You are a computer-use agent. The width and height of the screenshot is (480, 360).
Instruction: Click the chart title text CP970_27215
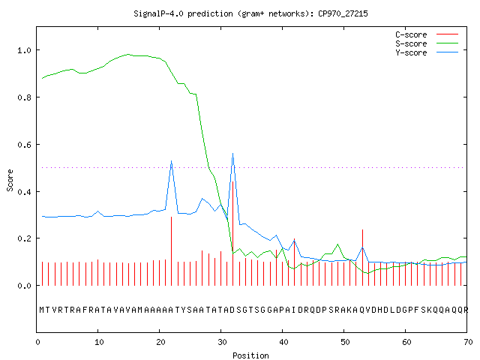[343, 13]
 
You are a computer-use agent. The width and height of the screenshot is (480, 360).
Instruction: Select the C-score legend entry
[427, 34]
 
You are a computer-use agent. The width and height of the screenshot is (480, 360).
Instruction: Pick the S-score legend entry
[427, 43]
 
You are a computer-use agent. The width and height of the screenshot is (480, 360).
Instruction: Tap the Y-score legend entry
[427, 52]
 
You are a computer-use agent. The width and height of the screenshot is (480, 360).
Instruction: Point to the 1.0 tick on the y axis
[25, 50]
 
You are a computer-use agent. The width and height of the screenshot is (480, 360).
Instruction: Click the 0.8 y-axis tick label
[25, 97]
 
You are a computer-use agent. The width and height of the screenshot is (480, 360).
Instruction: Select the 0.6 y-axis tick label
[25, 145]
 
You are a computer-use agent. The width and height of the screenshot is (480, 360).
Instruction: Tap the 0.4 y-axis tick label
[25, 192]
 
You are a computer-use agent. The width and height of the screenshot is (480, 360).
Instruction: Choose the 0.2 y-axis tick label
[25, 238]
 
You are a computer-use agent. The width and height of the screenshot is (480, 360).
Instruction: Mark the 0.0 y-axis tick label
[25, 286]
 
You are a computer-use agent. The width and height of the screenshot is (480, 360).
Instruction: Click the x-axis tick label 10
[99, 342]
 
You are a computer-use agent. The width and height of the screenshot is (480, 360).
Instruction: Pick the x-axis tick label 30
[222, 342]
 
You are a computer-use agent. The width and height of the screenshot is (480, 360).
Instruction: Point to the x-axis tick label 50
[345, 342]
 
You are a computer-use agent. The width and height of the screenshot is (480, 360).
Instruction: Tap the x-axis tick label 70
[468, 342]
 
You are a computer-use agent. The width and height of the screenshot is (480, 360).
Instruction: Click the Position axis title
[250, 355]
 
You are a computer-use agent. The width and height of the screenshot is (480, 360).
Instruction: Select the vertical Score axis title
[10, 180]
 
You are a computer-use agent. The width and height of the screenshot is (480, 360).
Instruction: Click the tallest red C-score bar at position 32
[233, 233]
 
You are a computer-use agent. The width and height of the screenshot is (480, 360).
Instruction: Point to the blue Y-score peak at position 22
[172, 161]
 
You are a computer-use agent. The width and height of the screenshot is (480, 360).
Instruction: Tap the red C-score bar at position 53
[362, 257]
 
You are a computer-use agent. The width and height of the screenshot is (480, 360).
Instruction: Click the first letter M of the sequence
[42, 310]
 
